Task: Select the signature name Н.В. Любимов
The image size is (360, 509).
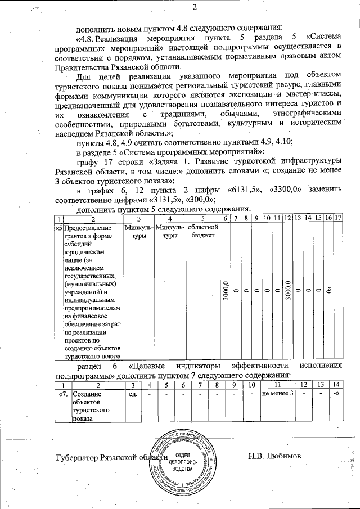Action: point(275,455)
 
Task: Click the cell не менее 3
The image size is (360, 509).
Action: point(278,393)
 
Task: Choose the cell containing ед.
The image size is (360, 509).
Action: point(133,393)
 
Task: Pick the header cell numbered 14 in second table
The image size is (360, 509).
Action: point(336,384)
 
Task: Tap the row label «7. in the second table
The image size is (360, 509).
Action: point(64,393)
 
